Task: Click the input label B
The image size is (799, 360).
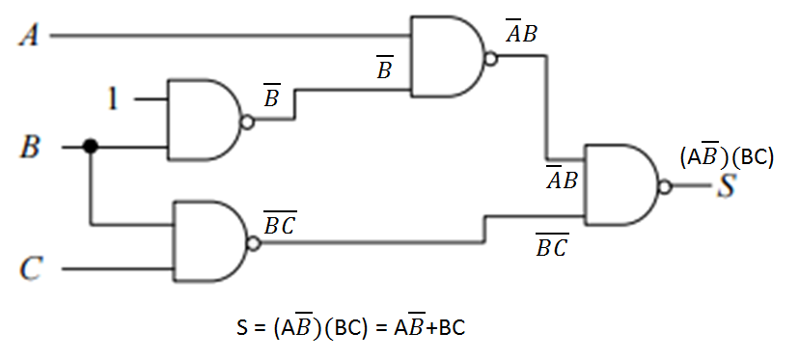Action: coord(30,148)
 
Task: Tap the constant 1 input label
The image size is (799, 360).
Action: coord(114,98)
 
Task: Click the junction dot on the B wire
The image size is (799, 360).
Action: coord(90,147)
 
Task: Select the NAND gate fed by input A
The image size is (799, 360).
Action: coord(447,58)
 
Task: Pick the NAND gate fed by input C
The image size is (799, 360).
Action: coord(207,242)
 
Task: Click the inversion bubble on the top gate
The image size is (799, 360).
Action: coord(491,58)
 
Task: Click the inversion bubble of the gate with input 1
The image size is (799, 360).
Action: coord(248,123)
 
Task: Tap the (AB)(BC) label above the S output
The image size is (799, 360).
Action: coord(727,154)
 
